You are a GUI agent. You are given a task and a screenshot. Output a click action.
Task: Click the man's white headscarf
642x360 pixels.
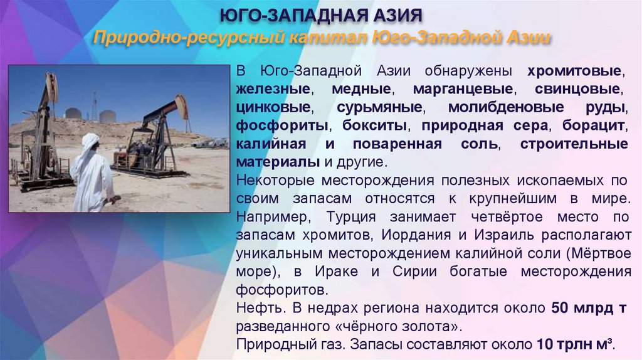pyautogui.click(x=90, y=142)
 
